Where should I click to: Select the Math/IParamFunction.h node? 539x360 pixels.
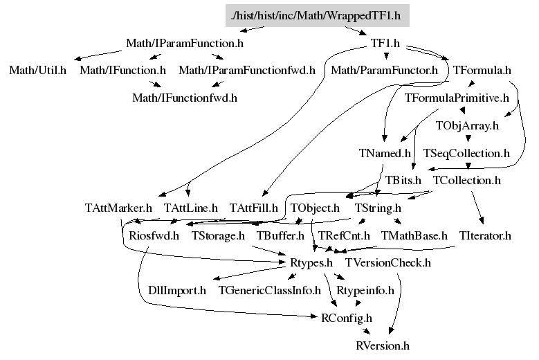pyautogui.click(x=185, y=44)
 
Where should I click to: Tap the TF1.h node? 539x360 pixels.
pyautogui.click(x=385, y=44)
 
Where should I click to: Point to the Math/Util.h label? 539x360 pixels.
pyautogui.click(x=38, y=70)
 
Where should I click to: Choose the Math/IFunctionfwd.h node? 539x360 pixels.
pyautogui.click(x=185, y=97)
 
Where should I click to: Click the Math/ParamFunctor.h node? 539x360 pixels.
pyautogui.click(x=385, y=70)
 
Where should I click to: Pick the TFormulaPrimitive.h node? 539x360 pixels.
pyautogui.click(x=457, y=97)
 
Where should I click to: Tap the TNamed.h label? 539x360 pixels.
pyautogui.click(x=385, y=152)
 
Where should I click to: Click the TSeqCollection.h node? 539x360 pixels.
pyautogui.click(x=466, y=152)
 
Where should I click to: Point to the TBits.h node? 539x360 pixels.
pyautogui.click(x=403, y=180)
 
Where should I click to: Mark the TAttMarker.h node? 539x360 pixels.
pyautogui.click(x=118, y=207)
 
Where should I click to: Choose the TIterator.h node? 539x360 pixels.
pyautogui.click(x=485, y=235)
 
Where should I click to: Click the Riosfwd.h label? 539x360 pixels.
pyautogui.click(x=154, y=235)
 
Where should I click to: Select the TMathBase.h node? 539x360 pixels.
pyautogui.click(x=414, y=235)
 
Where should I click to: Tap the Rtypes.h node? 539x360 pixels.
pyautogui.click(x=308, y=262)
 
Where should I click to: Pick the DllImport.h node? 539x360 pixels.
pyautogui.click(x=177, y=290)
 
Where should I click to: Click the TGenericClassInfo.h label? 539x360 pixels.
pyautogui.click(x=270, y=290)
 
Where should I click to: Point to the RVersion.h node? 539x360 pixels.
pyautogui.click(x=383, y=345)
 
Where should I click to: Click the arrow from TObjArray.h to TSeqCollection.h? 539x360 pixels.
pyautogui.click(x=467, y=138)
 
